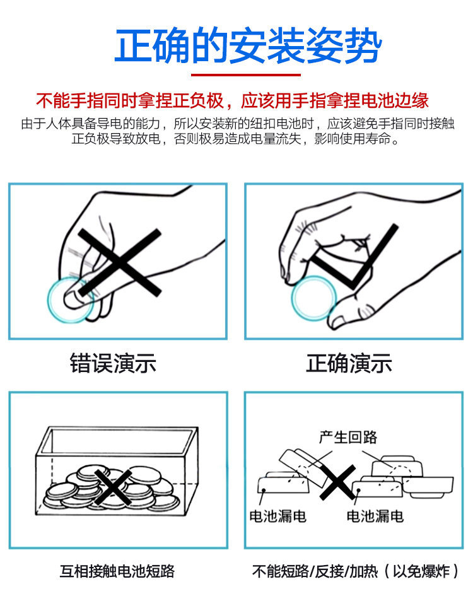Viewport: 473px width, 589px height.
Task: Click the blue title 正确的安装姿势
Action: (x=248, y=45)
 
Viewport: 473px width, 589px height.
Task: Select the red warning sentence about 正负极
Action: (x=232, y=100)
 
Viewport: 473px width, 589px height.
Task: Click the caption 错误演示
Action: (x=113, y=364)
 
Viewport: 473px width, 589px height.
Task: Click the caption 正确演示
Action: (x=349, y=364)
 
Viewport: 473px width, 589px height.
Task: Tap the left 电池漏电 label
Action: (x=277, y=516)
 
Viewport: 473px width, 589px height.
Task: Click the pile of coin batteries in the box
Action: (x=107, y=489)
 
